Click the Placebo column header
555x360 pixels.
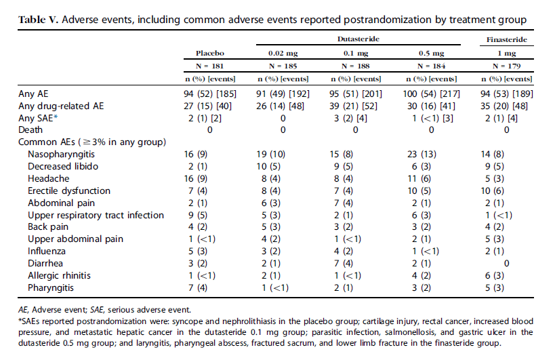click(209, 52)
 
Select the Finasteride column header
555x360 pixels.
click(506, 40)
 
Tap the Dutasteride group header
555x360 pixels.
click(358, 40)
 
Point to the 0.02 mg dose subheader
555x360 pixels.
click(282, 52)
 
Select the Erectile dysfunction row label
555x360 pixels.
click(69, 191)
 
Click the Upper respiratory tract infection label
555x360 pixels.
click(96, 215)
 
